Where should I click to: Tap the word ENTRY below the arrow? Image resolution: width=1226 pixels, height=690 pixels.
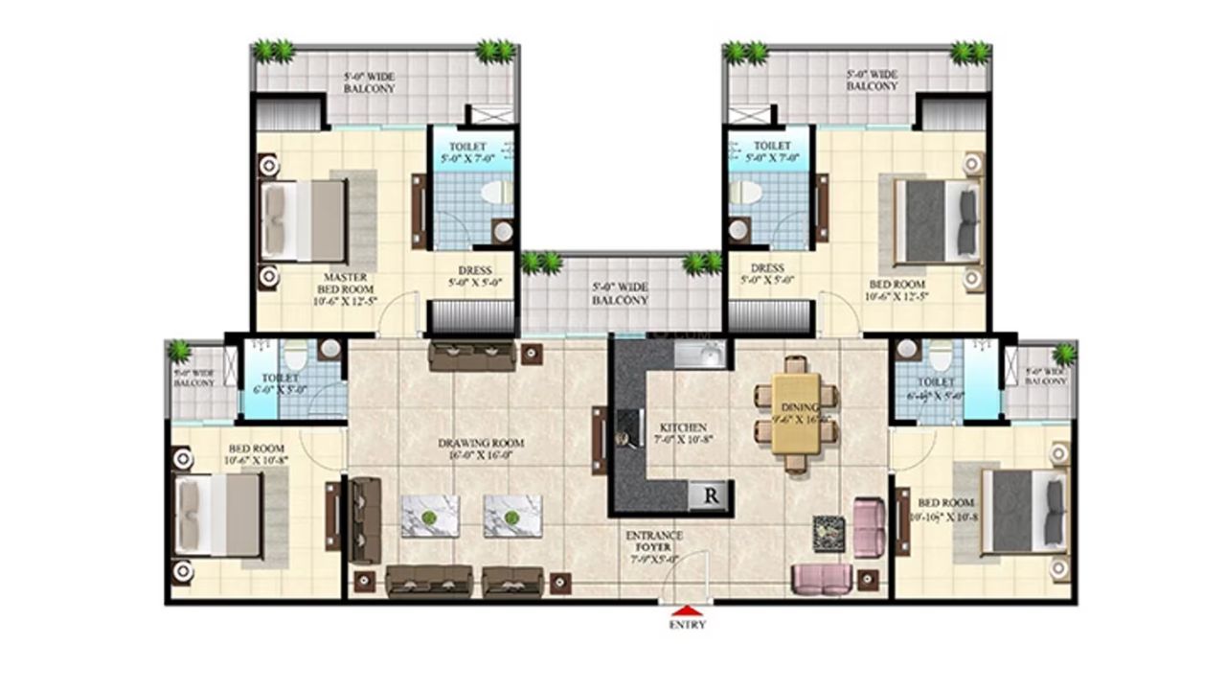(x=687, y=625)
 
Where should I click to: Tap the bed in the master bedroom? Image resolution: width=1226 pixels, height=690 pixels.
(x=304, y=220)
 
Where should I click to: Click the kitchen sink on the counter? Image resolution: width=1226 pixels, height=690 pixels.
(x=700, y=356)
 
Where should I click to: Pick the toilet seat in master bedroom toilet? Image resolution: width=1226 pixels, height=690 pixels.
(x=497, y=193)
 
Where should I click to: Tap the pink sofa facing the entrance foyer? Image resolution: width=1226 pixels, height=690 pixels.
(x=822, y=578)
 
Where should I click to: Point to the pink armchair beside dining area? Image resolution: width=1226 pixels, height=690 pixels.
(x=868, y=527)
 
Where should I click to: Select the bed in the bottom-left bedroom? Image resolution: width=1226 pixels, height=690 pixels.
(x=219, y=516)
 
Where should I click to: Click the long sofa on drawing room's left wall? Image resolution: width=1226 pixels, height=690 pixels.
(x=365, y=521)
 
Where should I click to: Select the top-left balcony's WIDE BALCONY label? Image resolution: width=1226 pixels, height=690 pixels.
(x=370, y=82)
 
